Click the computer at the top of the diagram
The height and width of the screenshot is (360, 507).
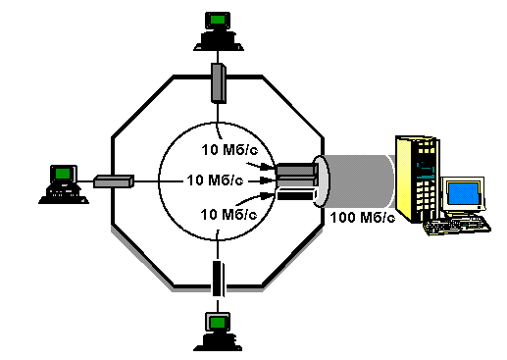(219, 31)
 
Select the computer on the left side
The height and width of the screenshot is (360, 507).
(64, 184)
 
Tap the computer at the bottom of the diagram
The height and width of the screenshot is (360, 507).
(218, 332)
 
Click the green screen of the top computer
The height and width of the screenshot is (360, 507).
(218, 20)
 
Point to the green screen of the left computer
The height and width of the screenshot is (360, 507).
(63, 173)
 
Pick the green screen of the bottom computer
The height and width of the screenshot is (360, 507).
(218, 323)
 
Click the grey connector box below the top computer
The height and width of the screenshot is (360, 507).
(219, 83)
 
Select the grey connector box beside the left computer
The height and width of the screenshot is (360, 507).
(114, 181)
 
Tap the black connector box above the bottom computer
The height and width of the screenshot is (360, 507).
(218, 279)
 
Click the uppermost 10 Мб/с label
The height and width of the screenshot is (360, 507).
(229, 150)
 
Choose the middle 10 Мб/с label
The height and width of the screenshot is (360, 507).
(215, 180)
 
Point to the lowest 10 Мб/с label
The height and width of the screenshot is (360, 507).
(228, 215)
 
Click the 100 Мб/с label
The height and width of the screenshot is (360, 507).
(363, 218)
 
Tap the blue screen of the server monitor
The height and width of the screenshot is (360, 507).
(463, 194)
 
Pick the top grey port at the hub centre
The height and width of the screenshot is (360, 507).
(297, 170)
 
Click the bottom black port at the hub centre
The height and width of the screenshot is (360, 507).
(297, 195)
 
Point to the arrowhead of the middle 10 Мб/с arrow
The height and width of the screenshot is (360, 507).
(273, 180)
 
